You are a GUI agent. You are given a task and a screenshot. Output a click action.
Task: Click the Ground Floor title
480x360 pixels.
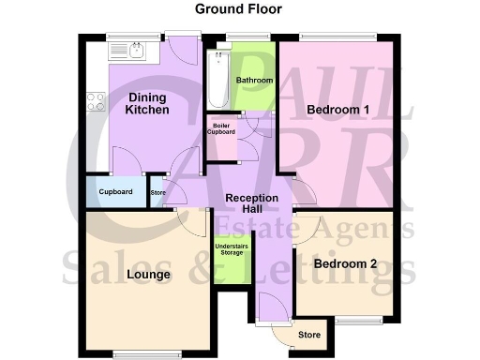click(x=239, y=9)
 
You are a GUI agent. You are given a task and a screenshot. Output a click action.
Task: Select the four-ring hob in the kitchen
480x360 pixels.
click(x=95, y=101)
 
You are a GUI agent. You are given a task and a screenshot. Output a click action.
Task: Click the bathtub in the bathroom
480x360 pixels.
click(x=218, y=79)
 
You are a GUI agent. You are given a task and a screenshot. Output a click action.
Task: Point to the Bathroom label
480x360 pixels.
click(x=253, y=81)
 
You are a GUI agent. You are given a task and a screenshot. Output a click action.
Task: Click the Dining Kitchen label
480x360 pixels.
click(x=147, y=103)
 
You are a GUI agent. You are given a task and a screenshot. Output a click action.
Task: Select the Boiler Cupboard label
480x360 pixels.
click(x=222, y=128)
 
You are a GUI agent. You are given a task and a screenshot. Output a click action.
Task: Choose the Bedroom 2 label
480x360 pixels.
click(x=345, y=264)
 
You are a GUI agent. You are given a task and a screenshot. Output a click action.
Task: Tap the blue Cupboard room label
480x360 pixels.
click(x=114, y=192)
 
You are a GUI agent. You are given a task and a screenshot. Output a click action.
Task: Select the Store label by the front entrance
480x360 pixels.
click(x=308, y=335)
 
